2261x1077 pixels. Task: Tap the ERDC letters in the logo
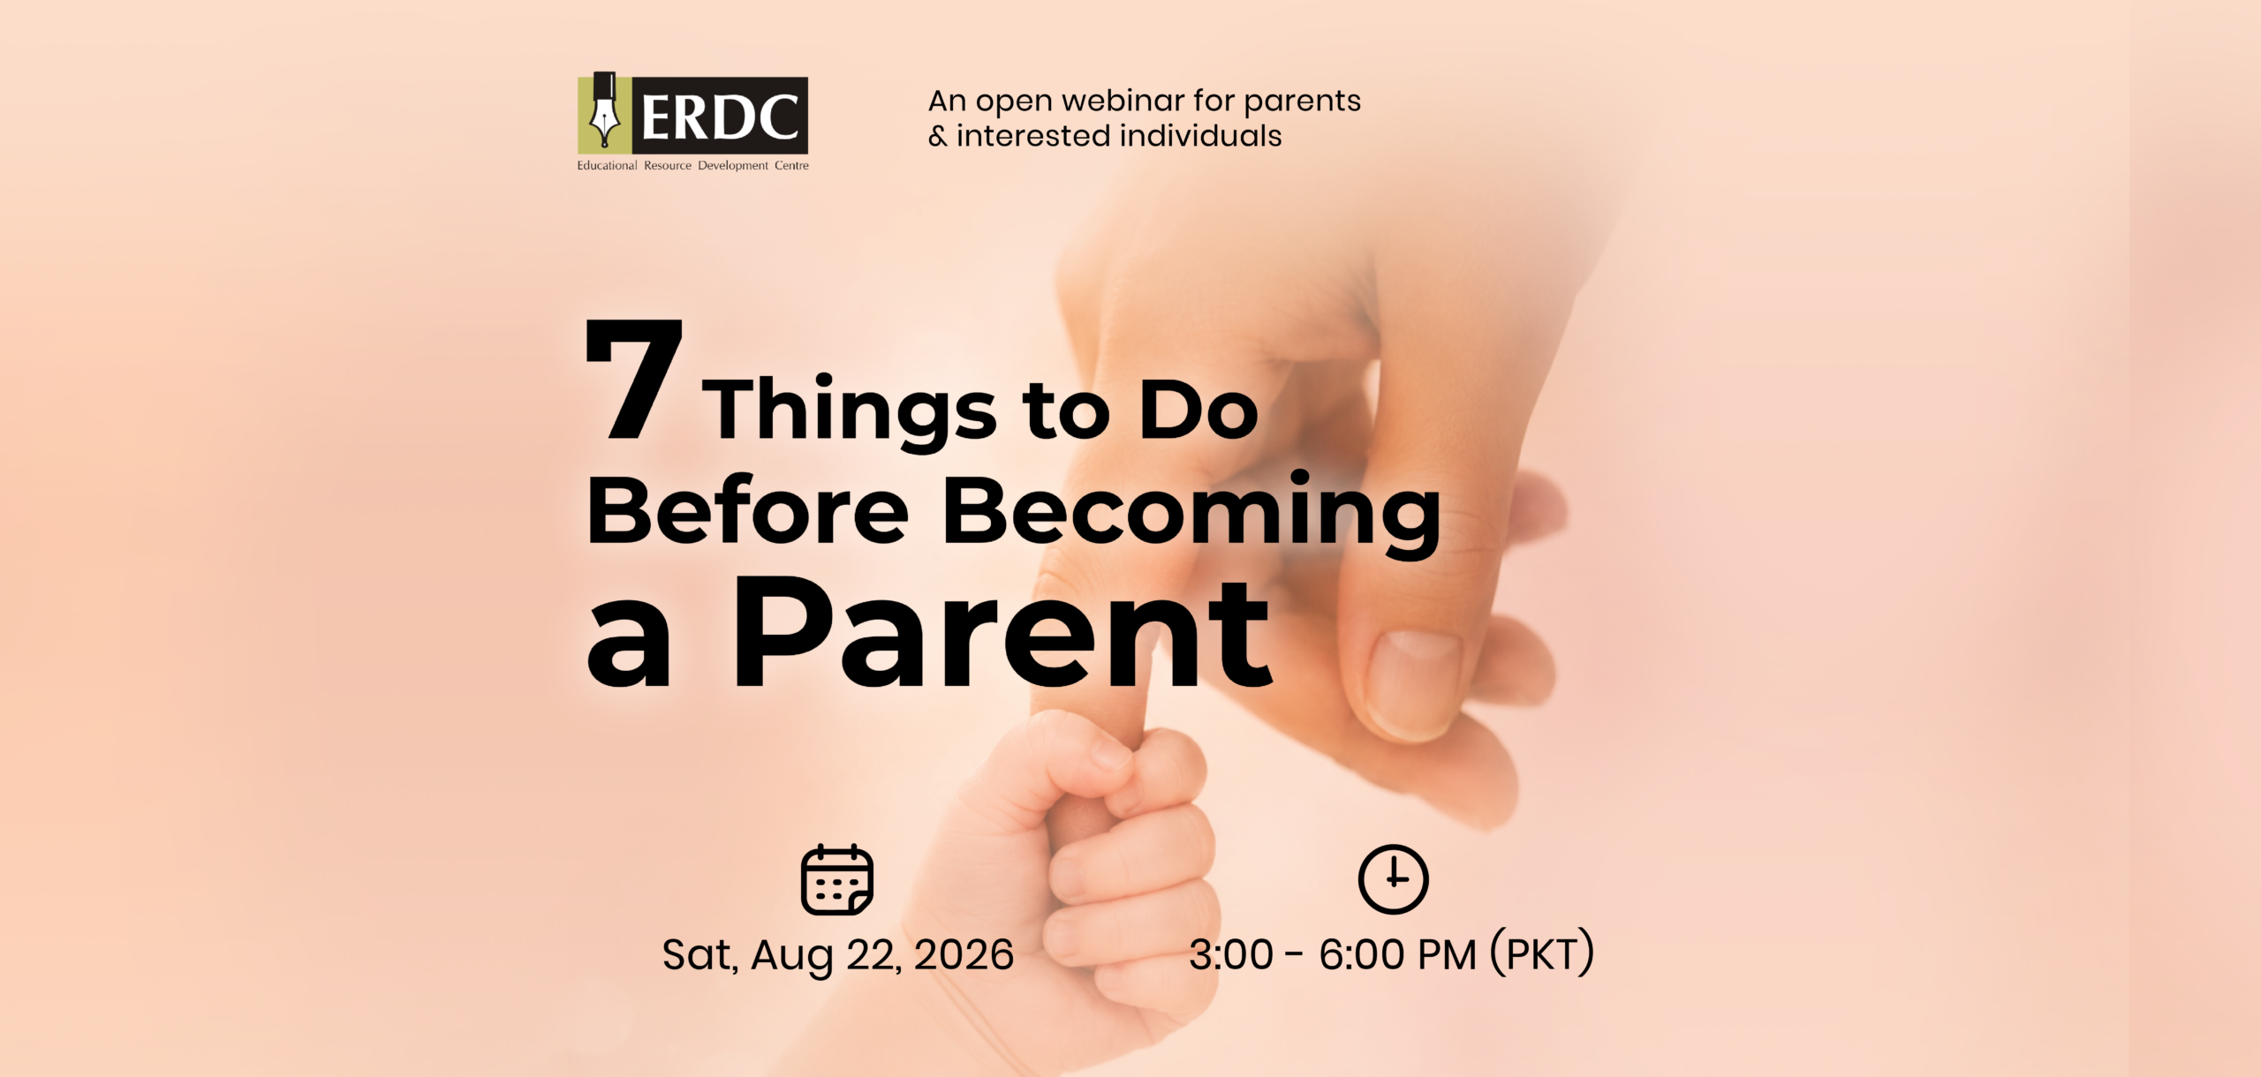pyautogui.click(x=720, y=117)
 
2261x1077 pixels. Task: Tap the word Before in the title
pyautogui.click(x=748, y=510)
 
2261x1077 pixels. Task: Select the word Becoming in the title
pyautogui.click(x=1191, y=514)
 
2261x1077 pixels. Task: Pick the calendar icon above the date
pyautogui.click(x=836, y=880)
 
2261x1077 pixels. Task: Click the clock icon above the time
pyautogui.click(x=1393, y=879)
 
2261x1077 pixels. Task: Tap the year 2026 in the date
pyautogui.click(x=964, y=955)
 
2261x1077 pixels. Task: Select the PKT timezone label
pyautogui.click(x=1542, y=953)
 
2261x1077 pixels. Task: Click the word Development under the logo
pyautogui.click(x=733, y=166)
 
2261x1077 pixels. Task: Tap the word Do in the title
pyautogui.click(x=1199, y=410)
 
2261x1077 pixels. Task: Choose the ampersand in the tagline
pyautogui.click(x=938, y=137)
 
